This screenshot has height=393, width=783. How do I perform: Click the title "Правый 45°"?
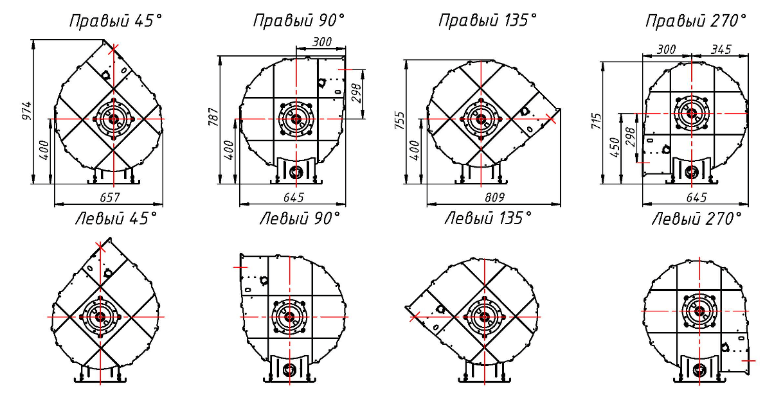coord(116,21)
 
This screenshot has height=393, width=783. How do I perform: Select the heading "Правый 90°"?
coord(299,21)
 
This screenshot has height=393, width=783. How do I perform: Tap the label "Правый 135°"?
coord(488,21)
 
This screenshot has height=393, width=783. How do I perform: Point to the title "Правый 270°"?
coord(696,21)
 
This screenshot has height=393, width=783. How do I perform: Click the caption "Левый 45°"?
coord(116,219)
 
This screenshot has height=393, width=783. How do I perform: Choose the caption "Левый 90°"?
coord(300,219)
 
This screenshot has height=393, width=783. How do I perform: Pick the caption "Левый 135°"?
coord(488,219)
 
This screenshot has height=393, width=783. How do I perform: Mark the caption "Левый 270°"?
coord(697,219)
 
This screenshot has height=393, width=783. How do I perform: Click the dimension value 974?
coord(26,111)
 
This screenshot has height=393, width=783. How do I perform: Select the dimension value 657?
coord(110,198)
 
